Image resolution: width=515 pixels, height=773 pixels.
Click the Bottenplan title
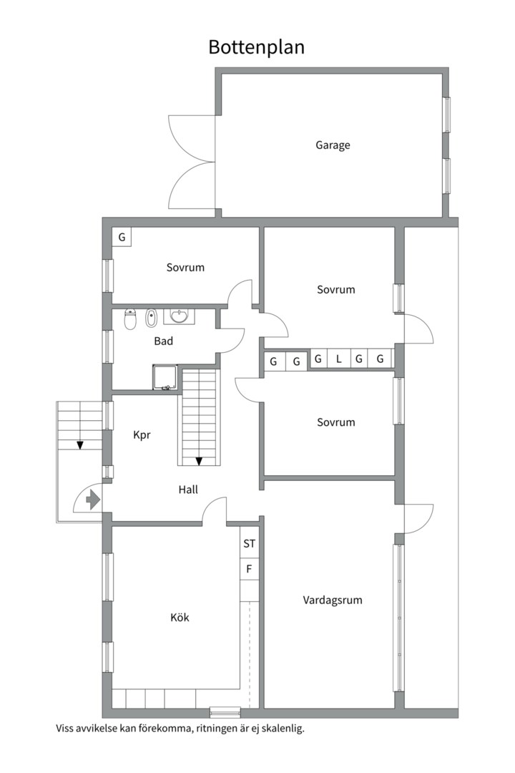256,47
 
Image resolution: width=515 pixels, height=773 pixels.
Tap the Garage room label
333,145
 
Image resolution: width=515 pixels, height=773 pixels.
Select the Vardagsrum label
333,600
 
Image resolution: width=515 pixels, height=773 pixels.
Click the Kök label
180,617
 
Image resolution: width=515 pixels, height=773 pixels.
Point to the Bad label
164,341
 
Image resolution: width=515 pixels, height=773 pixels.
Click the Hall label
188,490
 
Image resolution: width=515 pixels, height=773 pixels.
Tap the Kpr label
142,435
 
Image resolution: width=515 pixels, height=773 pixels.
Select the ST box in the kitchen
250,543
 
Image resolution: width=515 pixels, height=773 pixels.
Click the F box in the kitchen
250,569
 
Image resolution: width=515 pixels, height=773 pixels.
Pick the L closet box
338,359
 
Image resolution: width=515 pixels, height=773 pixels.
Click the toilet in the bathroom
130,319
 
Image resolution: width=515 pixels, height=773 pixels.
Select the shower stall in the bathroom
165,378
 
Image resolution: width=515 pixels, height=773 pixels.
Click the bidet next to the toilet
151,319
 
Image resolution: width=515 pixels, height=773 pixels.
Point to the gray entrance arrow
93,500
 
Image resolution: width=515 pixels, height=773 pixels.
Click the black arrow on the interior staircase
199,462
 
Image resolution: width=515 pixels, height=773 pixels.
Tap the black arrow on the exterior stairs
80,445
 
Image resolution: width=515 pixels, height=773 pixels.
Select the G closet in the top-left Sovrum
122,237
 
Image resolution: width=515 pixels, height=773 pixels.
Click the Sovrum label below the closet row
336,422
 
